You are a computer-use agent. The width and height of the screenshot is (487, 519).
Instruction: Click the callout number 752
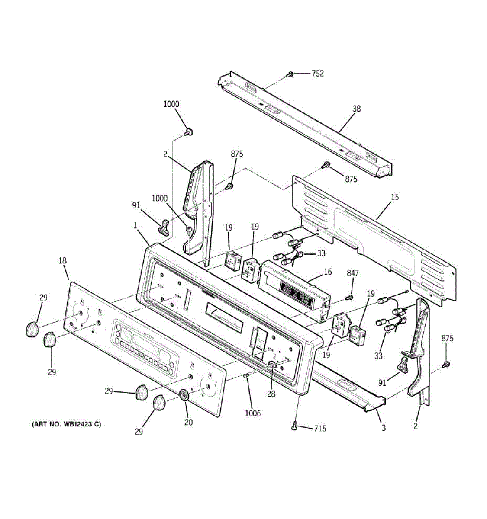(x=317, y=74)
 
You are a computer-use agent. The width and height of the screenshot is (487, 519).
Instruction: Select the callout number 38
(x=356, y=109)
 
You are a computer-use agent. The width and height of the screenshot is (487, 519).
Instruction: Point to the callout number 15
(x=395, y=197)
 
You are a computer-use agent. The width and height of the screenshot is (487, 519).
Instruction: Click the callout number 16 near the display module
(x=328, y=272)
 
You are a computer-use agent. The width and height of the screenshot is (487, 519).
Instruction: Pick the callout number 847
(x=353, y=273)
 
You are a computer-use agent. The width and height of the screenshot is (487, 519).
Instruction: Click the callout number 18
(x=63, y=260)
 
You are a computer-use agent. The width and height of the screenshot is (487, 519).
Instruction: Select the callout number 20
(x=189, y=422)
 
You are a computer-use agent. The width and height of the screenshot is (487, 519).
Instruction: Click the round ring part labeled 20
(x=184, y=394)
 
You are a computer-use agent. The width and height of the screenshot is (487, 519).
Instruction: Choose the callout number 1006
(x=253, y=413)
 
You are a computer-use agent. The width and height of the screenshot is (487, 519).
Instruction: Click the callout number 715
(x=320, y=429)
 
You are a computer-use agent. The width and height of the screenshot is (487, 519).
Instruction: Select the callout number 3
(x=383, y=428)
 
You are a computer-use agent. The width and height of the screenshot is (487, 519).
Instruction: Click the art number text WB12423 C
(x=66, y=424)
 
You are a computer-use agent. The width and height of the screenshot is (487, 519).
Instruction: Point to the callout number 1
(x=135, y=225)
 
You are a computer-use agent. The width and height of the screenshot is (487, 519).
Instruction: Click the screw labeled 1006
(x=246, y=377)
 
